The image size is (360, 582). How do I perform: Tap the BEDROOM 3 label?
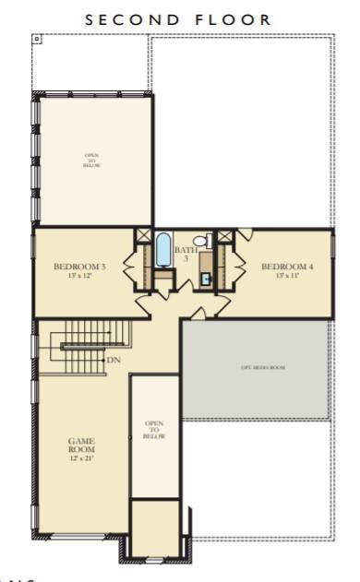[80, 267]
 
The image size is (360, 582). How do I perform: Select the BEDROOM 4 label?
[287, 267]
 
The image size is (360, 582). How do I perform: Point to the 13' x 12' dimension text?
[80, 276]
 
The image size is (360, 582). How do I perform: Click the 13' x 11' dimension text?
[287, 276]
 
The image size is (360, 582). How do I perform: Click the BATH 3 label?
[186, 255]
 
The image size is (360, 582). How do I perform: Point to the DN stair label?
[114, 360]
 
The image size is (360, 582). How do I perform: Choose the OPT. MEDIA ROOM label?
[257, 367]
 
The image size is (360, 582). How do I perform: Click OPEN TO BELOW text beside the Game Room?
[154, 430]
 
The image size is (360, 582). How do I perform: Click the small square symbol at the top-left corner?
[37, 41]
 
